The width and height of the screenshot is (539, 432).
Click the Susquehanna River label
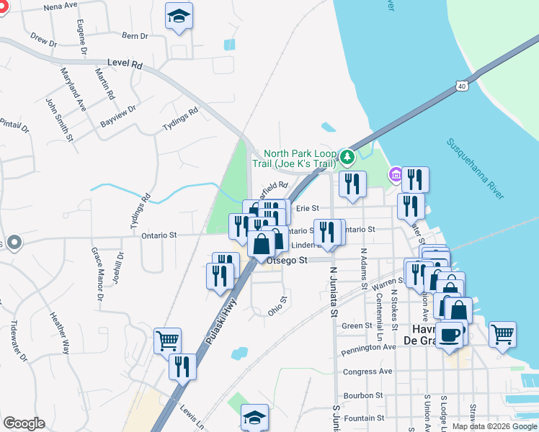475,170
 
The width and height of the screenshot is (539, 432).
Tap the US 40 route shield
461,86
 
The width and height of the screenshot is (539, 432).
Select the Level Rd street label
125,64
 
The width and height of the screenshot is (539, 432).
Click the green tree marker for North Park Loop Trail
348,156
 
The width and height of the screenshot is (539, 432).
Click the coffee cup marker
450,335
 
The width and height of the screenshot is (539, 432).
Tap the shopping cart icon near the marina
502,333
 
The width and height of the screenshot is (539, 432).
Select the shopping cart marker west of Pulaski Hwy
167,340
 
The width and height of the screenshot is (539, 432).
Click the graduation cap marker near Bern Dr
179,16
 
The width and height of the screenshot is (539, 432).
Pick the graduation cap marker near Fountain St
254,417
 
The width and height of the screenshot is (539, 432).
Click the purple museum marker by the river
395,174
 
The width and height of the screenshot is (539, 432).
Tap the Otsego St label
288,261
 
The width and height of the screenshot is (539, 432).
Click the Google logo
24,423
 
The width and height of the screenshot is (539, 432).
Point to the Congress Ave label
367,372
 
